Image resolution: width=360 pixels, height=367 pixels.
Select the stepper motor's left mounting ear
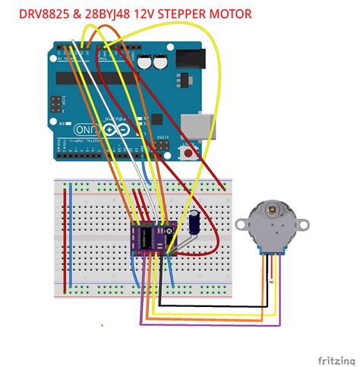[241, 223]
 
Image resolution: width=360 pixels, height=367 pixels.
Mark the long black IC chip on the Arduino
[99, 77]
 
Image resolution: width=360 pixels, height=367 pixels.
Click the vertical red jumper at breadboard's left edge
[65, 236]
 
